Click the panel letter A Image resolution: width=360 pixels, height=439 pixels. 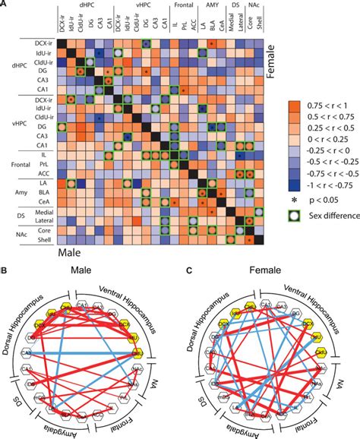click(5, 5)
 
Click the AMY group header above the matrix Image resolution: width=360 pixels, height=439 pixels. click(210, 6)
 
